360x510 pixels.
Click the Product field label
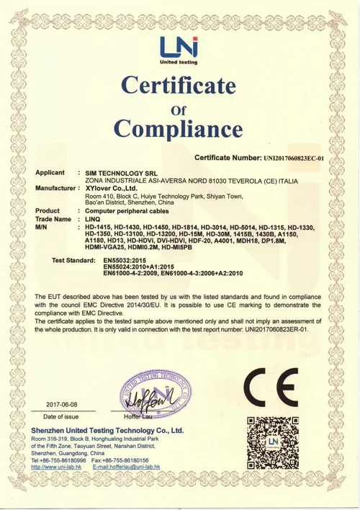click(x=48, y=211)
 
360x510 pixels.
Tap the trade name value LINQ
click(x=94, y=219)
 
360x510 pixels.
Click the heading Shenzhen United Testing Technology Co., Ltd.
click(x=107, y=430)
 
